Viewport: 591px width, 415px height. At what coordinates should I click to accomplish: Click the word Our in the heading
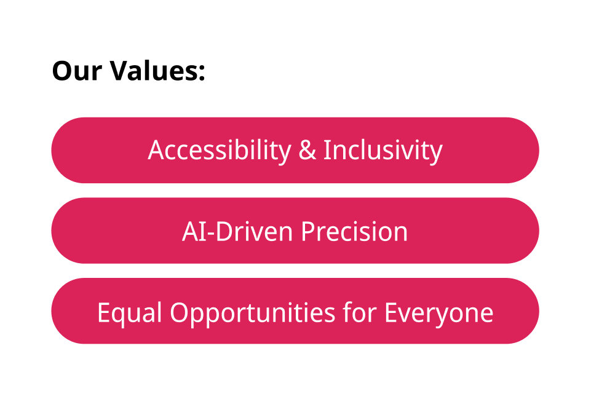pyautogui.click(x=77, y=71)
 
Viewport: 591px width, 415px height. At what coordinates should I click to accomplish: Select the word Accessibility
pyautogui.click(x=220, y=151)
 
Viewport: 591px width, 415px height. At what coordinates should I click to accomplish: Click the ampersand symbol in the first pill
pyautogui.click(x=307, y=150)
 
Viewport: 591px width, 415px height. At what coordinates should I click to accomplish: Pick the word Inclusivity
pyautogui.click(x=383, y=151)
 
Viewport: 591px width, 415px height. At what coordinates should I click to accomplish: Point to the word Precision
pyautogui.click(x=354, y=231)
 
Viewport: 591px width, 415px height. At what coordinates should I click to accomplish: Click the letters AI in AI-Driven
pyautogui.click(x=194, y=231)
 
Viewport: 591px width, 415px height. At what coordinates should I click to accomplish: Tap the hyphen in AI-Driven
pyautogui.click(x=211, y=234)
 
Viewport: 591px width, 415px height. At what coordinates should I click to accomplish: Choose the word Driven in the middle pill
pyautogui.click(x=254, y=231)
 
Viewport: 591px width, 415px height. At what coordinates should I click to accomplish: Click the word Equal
pyautogui.click(x=130, y=312)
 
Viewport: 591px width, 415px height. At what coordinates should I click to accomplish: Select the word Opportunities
pyautogui.click(x=253, y=313)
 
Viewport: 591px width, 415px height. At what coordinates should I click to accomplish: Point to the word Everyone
pyautogui.click(x=438, y=313)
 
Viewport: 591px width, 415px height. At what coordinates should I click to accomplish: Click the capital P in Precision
pyautogui.click(x=308, y=231)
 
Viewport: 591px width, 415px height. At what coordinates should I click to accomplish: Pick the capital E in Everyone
pyautogui.click(x=391, y=312)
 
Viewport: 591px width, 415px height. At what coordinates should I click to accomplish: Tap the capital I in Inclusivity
pyautogui.click(x=327, y=150)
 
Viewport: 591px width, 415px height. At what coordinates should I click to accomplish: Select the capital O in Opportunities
pyautogui.click(x=180, y=312)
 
